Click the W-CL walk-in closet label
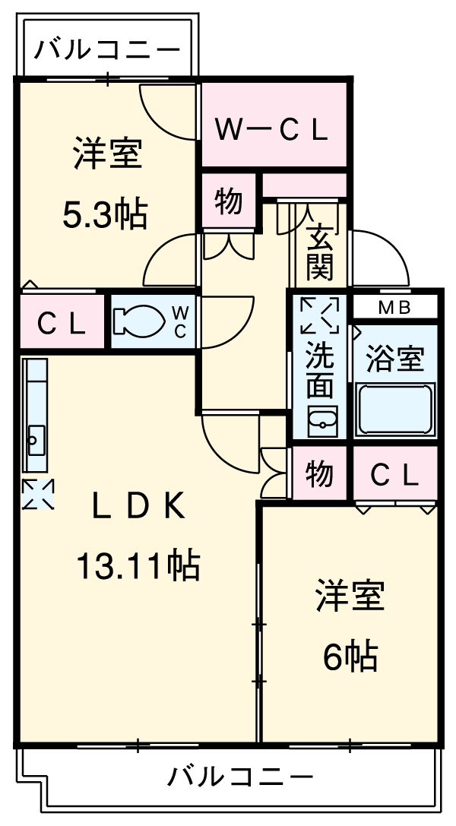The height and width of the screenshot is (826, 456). tap(271, 130)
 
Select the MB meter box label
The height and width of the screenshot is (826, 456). tap(394, 308)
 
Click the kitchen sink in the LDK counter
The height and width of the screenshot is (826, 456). tap(35, 438)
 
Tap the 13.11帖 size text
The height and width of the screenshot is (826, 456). tap(138, 565)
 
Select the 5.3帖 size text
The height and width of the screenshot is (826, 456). tap(105, 216)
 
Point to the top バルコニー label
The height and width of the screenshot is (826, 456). tap(108, 52)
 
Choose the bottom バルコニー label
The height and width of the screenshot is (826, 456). tap(239, 777)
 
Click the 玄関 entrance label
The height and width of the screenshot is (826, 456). tap(319, 252)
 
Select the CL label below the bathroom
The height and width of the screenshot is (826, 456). tap(394, 476)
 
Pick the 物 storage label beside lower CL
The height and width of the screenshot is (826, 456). tap(319, 474)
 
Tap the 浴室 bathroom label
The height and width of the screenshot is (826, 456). tap(394, 359)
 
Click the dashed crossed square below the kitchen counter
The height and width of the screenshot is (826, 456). tap(37, 494)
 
